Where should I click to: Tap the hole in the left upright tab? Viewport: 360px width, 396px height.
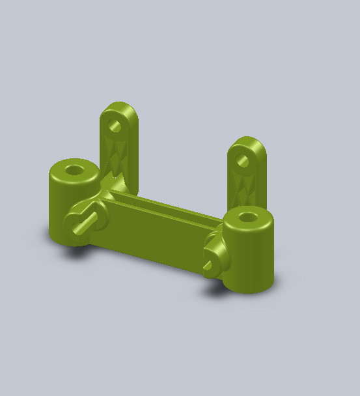click(x=115, y=124)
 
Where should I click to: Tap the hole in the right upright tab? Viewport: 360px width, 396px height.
click(x=242, y=160)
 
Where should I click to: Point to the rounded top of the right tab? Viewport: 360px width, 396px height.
click(x=248, y=141)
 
